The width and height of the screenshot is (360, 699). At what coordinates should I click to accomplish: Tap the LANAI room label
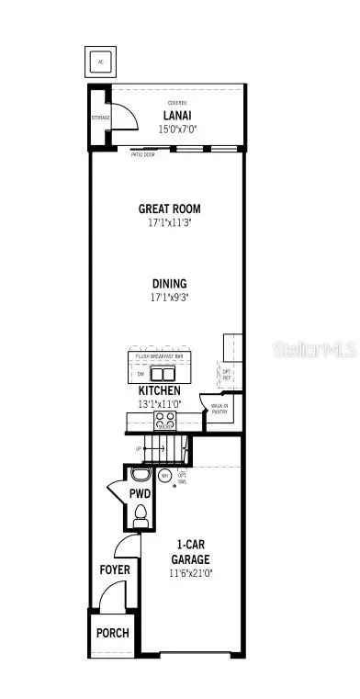pos(176,116)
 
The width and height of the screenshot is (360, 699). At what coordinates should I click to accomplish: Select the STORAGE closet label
pos(101,118)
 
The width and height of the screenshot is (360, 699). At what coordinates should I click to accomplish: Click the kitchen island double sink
pos(163,374)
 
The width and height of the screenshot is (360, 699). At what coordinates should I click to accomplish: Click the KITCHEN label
pos(163,389)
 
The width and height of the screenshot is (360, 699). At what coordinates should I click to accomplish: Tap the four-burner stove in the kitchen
pos(164,422)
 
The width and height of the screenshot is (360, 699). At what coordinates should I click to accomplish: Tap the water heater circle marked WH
pos(164,477)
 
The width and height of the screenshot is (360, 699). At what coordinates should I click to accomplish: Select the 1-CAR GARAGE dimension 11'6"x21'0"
pos(191,573)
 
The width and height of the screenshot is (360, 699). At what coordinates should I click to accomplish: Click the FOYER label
pos(115,569)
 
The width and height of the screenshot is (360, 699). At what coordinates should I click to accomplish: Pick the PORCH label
pos(114,633)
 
